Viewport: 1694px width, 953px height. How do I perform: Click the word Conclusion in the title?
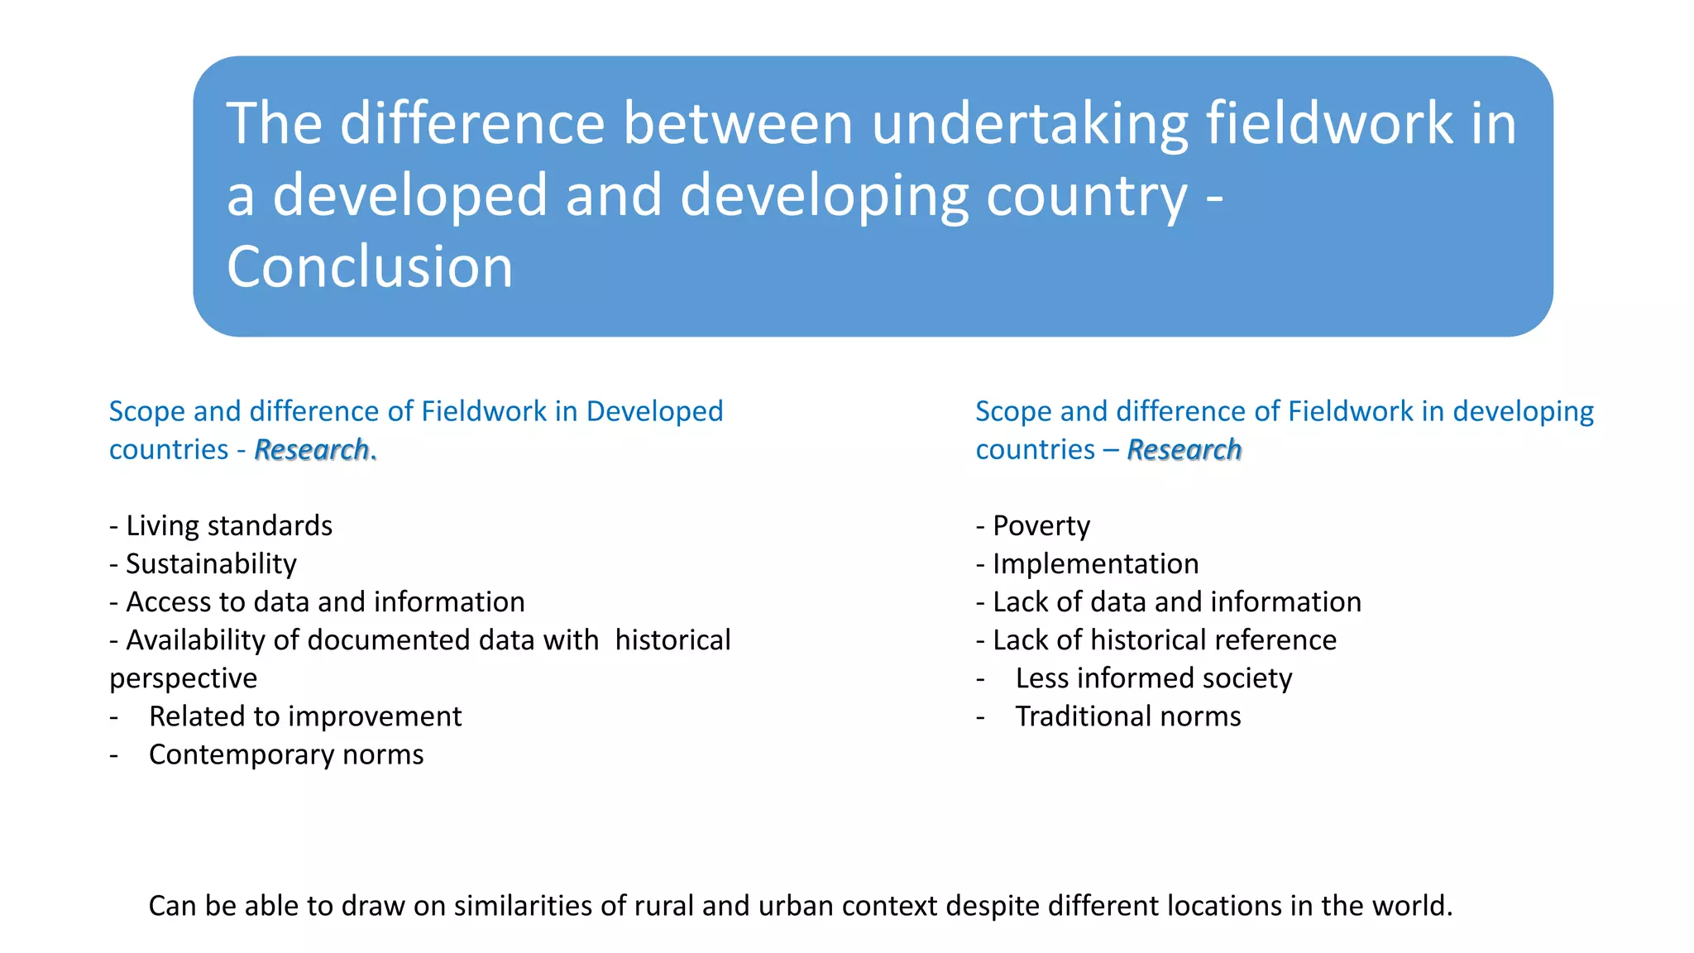[370, 267]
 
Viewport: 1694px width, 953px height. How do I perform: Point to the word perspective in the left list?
[183, 678]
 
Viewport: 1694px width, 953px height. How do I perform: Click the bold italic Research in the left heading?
[312, 450]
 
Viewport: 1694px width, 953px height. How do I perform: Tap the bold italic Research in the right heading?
[1184, 450]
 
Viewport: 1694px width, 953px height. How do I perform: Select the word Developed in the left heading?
[654, 411]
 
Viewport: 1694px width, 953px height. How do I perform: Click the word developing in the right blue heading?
[1523, 411]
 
